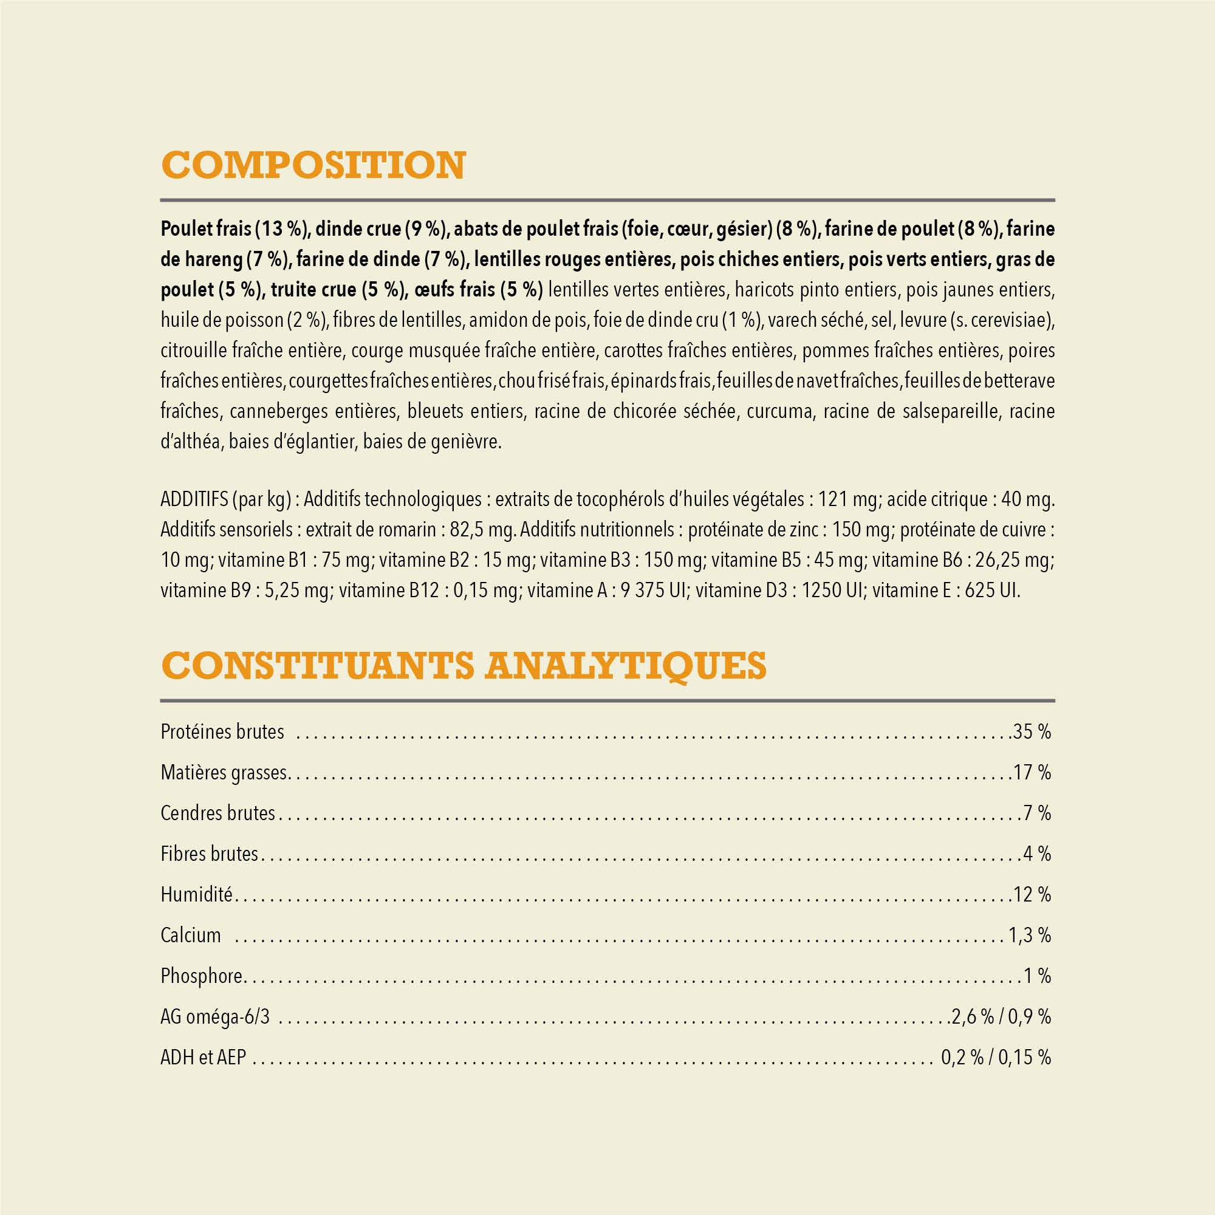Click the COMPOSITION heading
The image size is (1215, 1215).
[x=313, y=165]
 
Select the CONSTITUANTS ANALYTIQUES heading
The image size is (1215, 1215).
[x=464, y=665]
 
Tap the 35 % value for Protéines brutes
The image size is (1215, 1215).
[x=1032, y=731]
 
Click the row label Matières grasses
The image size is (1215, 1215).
[x=224, y=772]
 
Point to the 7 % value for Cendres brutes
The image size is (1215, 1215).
[x=1037, y=813]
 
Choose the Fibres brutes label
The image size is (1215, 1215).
[x=210, y=854]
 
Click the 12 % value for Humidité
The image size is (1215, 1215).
[x=1032, y=894]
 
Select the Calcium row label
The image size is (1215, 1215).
[x=191, y=935]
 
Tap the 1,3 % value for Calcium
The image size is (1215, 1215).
[x=1030, y=935]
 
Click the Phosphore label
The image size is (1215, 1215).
[x=201, y=976]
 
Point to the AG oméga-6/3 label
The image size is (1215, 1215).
[x=215, y=1016]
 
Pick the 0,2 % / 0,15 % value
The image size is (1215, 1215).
[x=996, y=1057]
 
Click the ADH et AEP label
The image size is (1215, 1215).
[x=203, y=1057]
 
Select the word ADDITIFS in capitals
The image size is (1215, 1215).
[x=194, y=499]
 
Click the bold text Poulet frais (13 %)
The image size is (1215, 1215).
[x=234, y=229]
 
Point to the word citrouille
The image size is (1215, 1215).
[x=192, y=351]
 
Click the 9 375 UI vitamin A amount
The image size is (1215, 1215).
[x=654, y=590]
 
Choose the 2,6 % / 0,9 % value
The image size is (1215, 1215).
[x=1001, y=1016]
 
